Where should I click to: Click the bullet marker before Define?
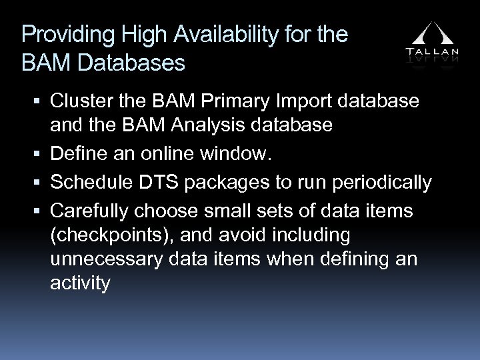point(39,156)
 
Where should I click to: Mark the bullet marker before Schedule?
point(39,183)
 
